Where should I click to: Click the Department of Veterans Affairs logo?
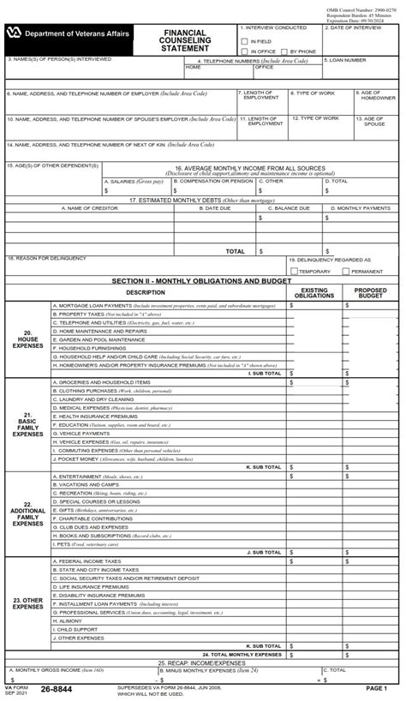click(x=15, y=33)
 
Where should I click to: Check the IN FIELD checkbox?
click(x=245, y=40)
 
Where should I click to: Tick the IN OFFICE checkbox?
click(x=245, y=51)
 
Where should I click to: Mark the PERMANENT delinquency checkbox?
click(x=346, y=271)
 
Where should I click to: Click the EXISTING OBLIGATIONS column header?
click(x=314, y=293)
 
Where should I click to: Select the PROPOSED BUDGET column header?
click(x=371, y=293)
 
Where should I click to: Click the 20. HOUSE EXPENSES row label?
click(x=27, y=339)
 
